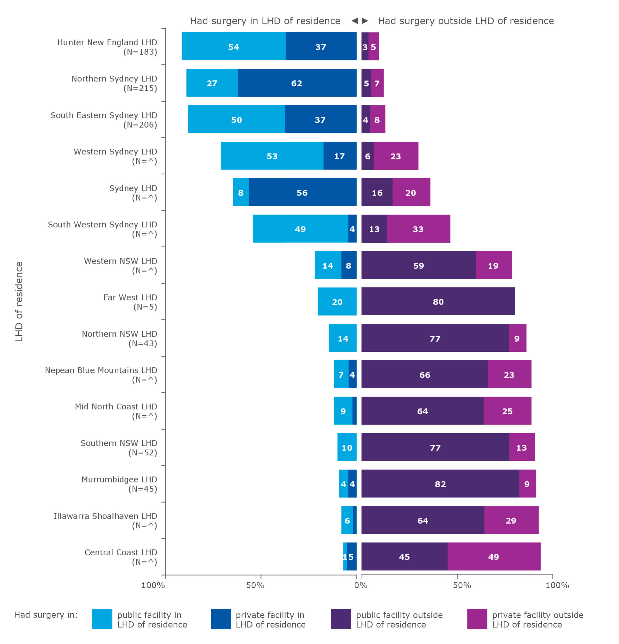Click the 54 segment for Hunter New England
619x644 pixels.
coord(233,46)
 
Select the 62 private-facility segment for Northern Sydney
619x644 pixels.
coord(297,82)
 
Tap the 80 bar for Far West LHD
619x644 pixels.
coord(438,301)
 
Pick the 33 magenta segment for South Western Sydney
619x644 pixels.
coord(418,229)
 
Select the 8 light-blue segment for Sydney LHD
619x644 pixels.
coord(241,192)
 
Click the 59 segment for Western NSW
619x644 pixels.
coord(418,265)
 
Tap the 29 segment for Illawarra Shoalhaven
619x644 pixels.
coord(511,520)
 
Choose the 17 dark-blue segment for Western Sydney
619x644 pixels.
coord(339,156)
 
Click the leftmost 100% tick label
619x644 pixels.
coord(153,585)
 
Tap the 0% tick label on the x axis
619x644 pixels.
coord(361,585)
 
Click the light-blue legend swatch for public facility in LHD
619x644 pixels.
coord(102,619)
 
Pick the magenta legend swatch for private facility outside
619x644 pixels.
coord(477,619)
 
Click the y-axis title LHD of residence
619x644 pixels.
coord(19,301)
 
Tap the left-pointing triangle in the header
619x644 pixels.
coord(354,21)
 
